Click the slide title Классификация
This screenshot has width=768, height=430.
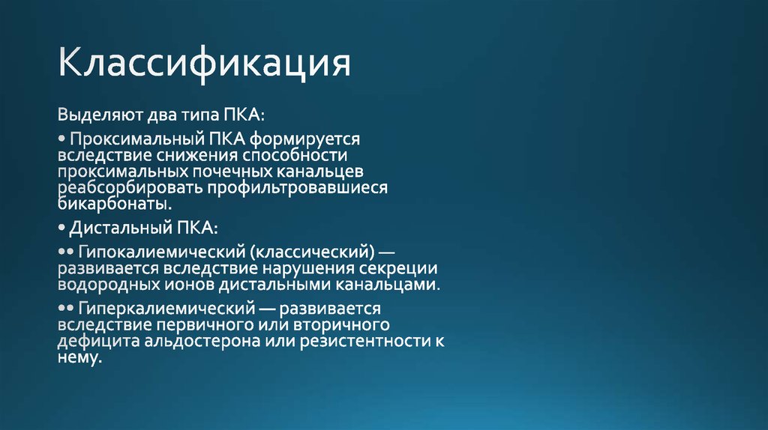[x=205, y=64]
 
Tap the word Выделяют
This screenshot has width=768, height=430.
[x=95, y=116]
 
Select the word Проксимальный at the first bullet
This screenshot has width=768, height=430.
[x=131, y=139]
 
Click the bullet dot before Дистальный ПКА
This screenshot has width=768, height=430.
[x=61, y=227]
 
